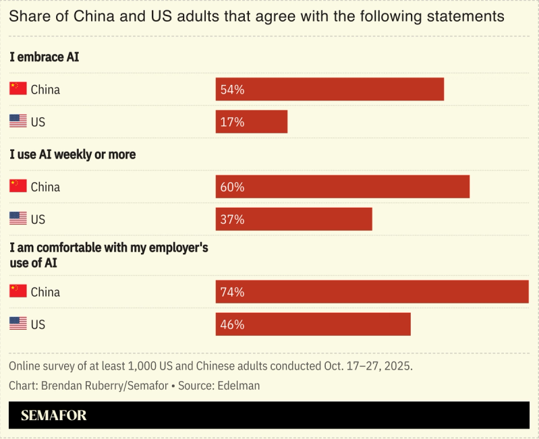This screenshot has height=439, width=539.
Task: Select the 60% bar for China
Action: click(x=342, y=187)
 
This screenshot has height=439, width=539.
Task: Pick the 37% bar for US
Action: click(x=293, y=219)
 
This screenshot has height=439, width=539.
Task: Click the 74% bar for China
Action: click(x=372, y=292)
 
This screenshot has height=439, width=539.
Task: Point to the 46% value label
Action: click(x=232, y=324)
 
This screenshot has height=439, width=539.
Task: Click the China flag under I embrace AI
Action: click(x=18, y=89)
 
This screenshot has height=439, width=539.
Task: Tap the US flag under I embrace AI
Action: click(x=18, y=121)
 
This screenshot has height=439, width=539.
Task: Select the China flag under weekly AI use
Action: click(x=18, y=186)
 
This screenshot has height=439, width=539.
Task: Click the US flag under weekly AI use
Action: click(x=18, y=218)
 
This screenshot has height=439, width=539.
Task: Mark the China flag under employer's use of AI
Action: click(x=18, y=291)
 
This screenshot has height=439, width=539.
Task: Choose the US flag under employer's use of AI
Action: click(x=18, y=324)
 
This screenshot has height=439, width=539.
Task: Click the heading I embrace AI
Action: click(x=45, y=57)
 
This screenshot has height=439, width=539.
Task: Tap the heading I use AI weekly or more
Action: click(x=73, y=154)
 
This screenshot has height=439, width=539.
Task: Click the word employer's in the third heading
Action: click(x=177, y=247)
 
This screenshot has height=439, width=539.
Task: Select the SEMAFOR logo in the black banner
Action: click(x=54, y=415)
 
